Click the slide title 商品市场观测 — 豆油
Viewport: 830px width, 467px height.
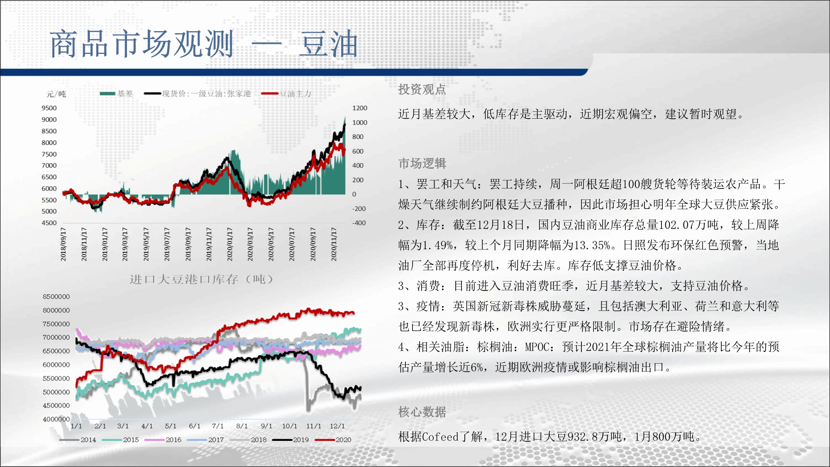pyautogui.click(x=204, y=44)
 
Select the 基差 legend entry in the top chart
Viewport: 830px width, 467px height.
pyautogui.click(x=117, y=93)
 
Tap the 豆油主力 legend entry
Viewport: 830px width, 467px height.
pyautogui.click(x=286, y=93)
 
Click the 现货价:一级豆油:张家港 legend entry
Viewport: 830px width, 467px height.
pyautogui.click(x=198, y=93)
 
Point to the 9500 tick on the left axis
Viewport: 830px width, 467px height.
pyautogui.click(x=49, y=108)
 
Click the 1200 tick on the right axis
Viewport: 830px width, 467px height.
pyautogui.click(x=360, y=108)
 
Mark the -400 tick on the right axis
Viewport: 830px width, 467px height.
pyautogui.click(x=359, y=223)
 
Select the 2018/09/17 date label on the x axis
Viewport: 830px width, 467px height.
pyautogui.click(x=63, y=244)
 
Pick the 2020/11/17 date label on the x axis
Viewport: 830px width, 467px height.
pyautogui.click(x=334, y=244)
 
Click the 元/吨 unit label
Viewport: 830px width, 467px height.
pyautogui.click(x=56, y=94)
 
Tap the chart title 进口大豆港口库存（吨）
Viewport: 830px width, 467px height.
pyautogui.click(x=202, y=279)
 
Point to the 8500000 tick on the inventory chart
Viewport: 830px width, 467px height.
pyautogui.click(x=56, y=296)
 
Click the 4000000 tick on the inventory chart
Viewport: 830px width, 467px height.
pyautogui.click(x=56, y=419)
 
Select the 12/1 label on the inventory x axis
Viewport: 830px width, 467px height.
pyautogui.click(x=337, y=426)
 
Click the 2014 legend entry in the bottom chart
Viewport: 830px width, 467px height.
pyautogui.click(x=78, y=440)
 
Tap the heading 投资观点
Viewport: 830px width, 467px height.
pyautogui.click(x=422, y=89)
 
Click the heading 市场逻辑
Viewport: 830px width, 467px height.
pyautogui.click(x=422, y=164)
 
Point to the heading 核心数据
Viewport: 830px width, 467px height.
pyautogui.click(x=422, y=412)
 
